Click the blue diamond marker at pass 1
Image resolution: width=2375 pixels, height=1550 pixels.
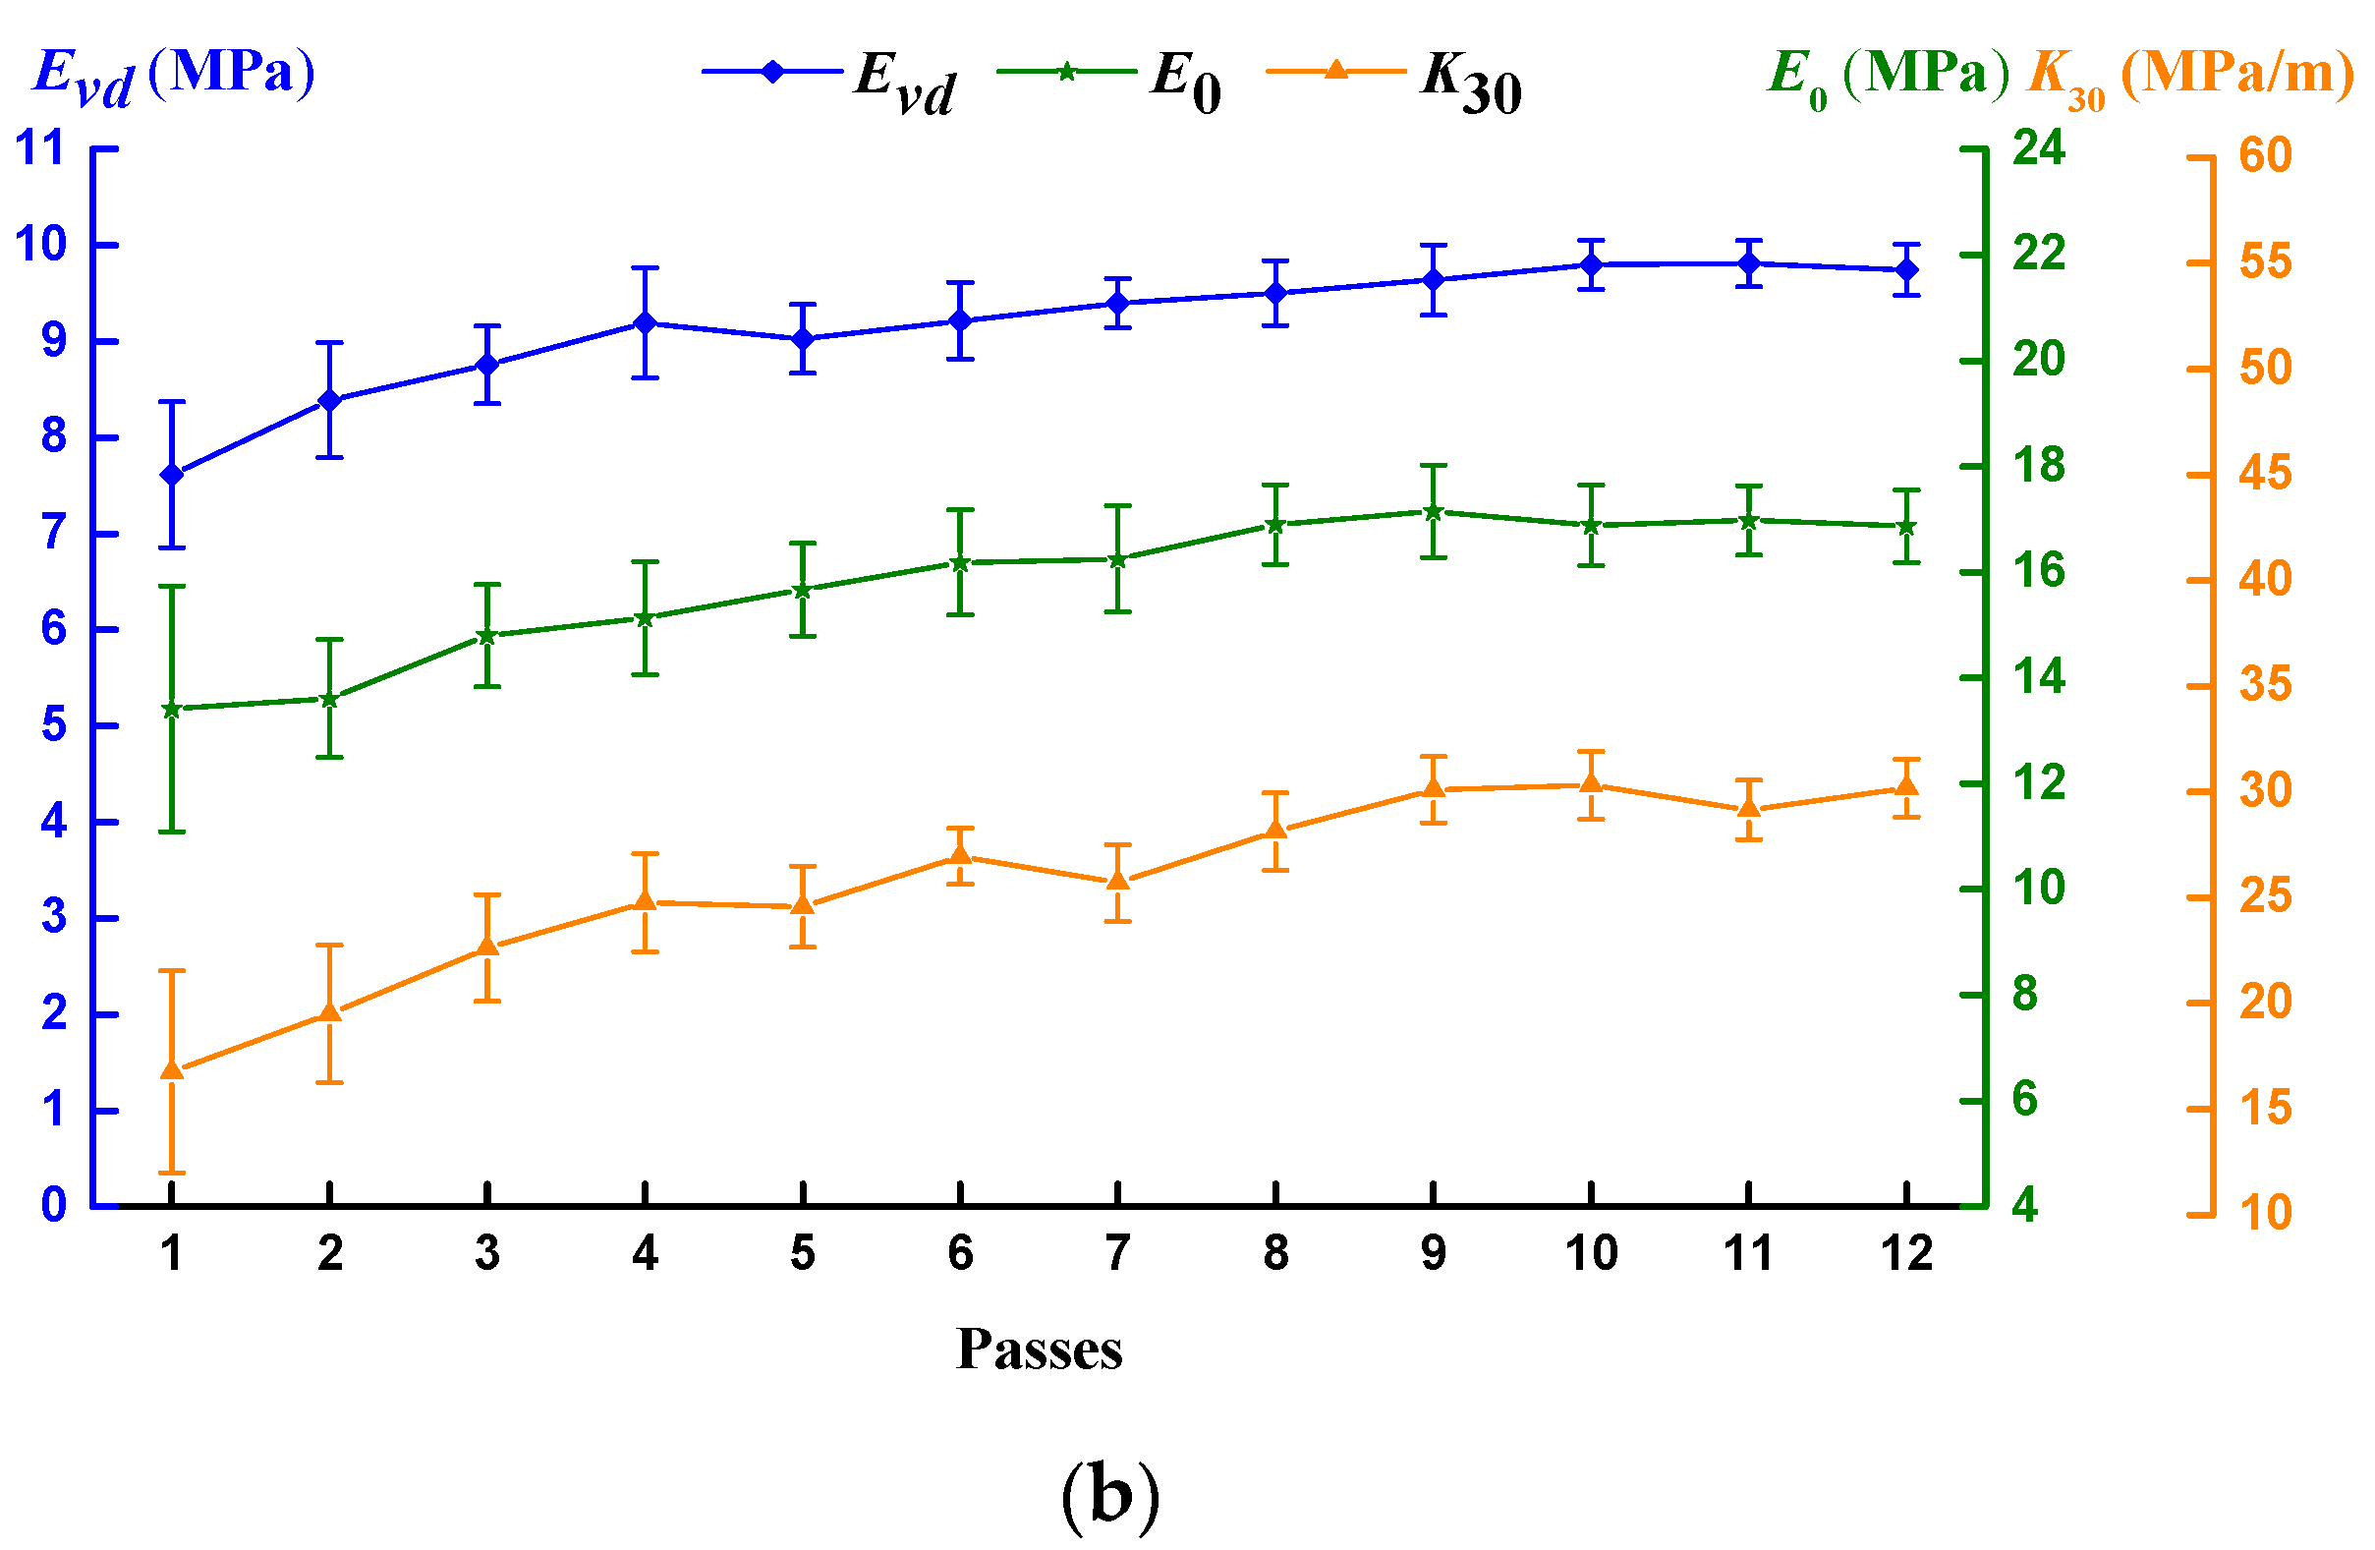pos(172,474)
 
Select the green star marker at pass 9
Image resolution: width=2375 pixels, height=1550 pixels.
pos(1433,512)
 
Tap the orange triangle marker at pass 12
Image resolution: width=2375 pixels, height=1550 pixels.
pos(1906,786)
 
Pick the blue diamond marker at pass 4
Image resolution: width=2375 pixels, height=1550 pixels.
pos(645,322)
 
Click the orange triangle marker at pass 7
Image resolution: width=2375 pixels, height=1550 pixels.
pos(1117,880)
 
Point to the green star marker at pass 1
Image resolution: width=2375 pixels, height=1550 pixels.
pos(172,709)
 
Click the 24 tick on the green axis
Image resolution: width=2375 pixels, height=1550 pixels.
pos(2038,146)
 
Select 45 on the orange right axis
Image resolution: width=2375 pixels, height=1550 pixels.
pos(2265,473)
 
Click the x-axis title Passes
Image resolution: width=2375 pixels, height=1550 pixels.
pos(1039,1349)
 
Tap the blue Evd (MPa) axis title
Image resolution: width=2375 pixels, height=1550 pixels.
pos(175,75)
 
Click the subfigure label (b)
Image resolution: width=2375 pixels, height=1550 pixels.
pos(1110,1494)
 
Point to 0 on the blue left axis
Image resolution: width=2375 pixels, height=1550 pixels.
pos(53,1205)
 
